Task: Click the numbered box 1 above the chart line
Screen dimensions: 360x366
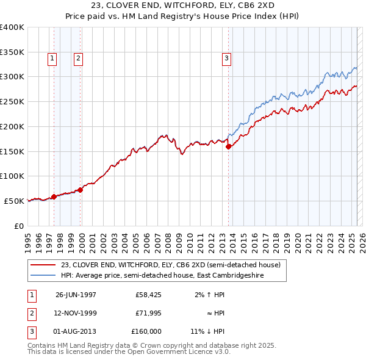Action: (52, 59)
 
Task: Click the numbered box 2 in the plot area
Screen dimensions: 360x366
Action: (79, 59)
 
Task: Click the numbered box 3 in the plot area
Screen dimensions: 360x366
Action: (226, 59)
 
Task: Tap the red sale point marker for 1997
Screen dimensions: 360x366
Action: (54, 196)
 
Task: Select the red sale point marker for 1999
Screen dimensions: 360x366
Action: (80, 190)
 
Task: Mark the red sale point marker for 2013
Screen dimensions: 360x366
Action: (228, 146)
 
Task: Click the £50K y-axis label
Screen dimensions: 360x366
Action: (14, 201)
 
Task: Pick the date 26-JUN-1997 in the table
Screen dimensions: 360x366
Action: (76, 295)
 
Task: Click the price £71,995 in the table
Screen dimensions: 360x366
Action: (148, 313)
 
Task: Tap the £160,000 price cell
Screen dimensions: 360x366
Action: (146, 331)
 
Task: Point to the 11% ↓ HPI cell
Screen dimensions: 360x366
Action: (207, 331)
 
